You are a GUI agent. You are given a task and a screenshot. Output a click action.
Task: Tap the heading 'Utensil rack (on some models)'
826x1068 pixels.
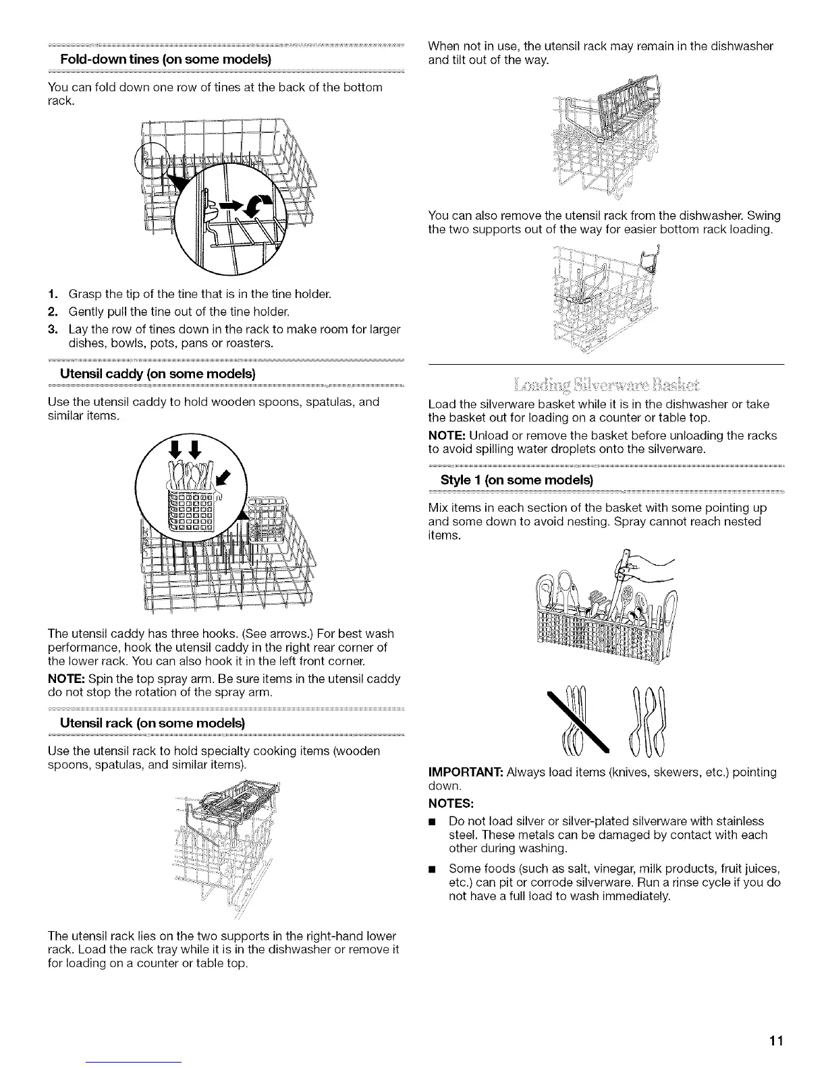click(x=152, y=722)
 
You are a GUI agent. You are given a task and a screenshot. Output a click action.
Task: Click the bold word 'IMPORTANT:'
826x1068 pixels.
click(x=466, y=771)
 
